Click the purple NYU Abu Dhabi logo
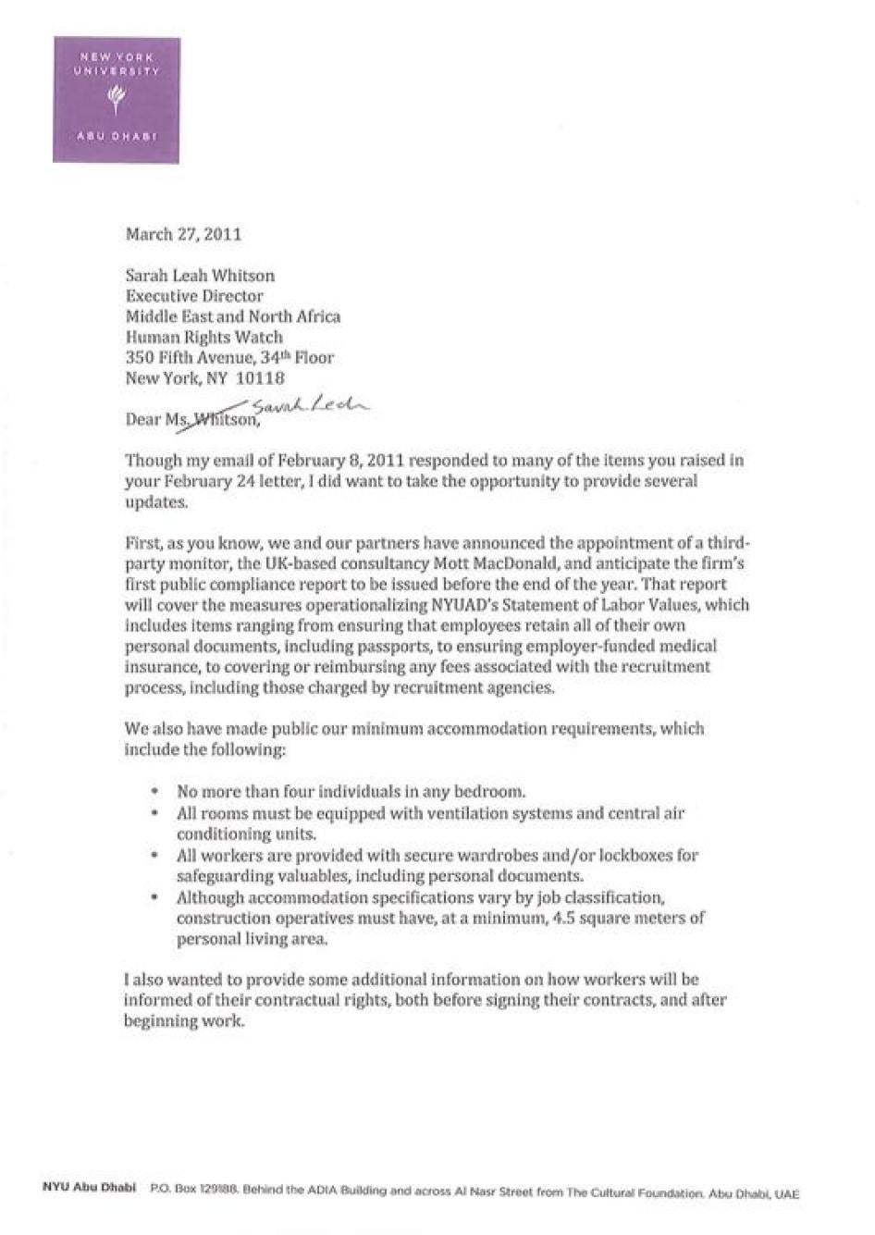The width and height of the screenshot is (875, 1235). pyautogui.click(x=117, y=100)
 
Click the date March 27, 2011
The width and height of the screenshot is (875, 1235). pyautogui.click(x=183, y=234)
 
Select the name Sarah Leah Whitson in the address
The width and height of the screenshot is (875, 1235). pyautogui.click(x=200, y=276)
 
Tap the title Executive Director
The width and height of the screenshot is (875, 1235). pyautogui.click(x=194, y=296)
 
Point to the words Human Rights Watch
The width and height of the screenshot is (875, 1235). pyautogui.click(x=204, y=337)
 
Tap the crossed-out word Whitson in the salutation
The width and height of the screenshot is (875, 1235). pyautogui.click(x=223, y=420)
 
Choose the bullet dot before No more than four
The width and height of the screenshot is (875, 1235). pyautogui.click(x=154, y=793)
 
